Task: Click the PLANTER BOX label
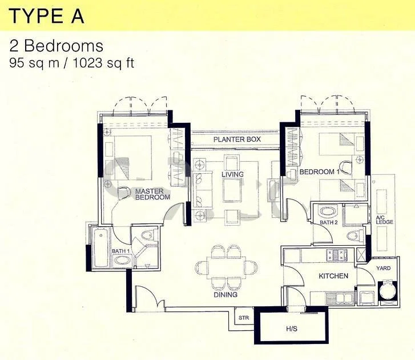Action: [237, 139]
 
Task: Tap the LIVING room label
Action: [233, 174]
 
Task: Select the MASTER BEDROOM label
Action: [152, 194]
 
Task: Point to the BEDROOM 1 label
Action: [320, 171]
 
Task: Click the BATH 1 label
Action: [120, 251]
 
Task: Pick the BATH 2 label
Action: [329, 222]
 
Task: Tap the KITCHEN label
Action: [333, 276]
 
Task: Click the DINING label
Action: [225, 294]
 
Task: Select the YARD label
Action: [383, 268]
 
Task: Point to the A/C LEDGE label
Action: [384, 220]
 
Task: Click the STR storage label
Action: [244, 318]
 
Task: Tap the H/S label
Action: [292, 329]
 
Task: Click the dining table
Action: [225, 267]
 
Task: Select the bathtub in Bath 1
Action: [101, 247]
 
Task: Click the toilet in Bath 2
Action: [355, 235]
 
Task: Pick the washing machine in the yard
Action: [388, 290]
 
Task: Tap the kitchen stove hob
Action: [337, 254]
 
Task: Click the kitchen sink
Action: [340, 298]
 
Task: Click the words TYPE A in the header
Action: [47, 17]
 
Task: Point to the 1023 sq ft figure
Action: [103, 63]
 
